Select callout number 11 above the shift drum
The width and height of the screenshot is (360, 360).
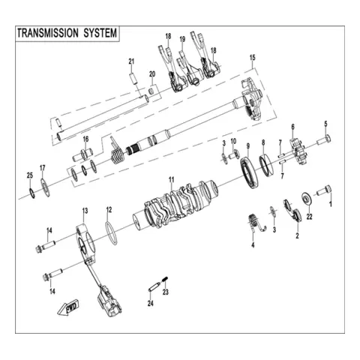click(171, 180)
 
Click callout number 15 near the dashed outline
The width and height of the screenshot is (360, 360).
click(253, 58)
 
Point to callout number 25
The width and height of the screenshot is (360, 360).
click(30, 175)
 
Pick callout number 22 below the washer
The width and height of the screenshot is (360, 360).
click(310, 217)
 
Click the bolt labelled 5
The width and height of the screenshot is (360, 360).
click(324, 139)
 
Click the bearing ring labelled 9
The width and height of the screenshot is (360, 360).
click(249, 173)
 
